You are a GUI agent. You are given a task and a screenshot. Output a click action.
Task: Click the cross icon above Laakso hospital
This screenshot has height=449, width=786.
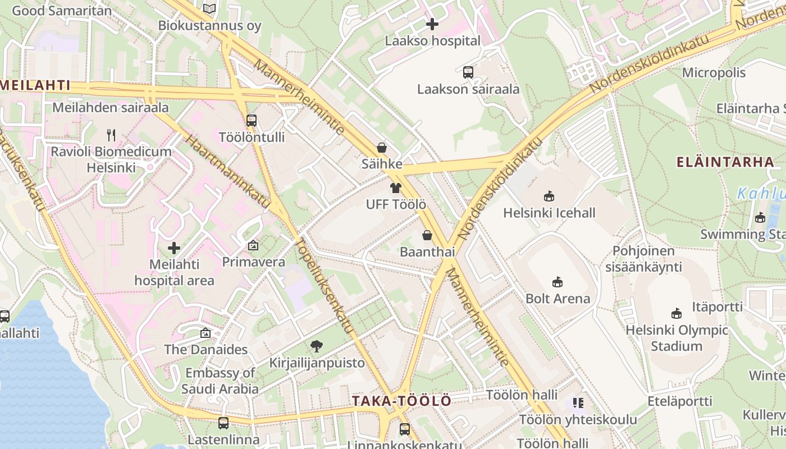432,24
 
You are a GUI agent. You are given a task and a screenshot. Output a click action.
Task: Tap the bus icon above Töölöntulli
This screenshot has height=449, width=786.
252,120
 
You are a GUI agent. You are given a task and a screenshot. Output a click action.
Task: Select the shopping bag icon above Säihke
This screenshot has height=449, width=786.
382,148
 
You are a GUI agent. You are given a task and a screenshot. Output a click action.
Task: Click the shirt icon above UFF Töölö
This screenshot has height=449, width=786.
396,188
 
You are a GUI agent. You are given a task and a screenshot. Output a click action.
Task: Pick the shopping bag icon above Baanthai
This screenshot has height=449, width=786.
427,235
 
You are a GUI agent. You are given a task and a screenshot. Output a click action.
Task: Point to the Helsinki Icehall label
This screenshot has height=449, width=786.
549,213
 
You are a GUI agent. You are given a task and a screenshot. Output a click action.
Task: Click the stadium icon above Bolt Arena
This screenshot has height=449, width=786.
557,282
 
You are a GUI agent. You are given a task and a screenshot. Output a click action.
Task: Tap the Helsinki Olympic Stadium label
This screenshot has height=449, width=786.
677,338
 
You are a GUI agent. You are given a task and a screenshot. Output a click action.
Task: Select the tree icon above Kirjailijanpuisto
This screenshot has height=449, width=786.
317,346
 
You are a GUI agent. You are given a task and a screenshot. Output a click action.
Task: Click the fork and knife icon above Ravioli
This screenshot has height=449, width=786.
111,135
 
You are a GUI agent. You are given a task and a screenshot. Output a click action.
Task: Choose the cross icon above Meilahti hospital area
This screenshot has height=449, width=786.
174,248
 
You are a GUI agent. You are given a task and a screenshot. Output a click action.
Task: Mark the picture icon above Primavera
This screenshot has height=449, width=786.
253,245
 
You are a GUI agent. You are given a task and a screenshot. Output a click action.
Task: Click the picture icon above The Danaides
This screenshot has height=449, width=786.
205,333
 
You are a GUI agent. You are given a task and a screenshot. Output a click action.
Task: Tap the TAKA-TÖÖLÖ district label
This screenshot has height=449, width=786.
401,401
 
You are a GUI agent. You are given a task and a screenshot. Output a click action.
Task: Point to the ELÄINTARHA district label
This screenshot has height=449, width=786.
725,163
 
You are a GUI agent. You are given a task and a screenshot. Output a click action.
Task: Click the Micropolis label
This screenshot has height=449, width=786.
714,72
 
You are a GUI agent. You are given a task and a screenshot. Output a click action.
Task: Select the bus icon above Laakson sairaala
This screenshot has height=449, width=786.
468,72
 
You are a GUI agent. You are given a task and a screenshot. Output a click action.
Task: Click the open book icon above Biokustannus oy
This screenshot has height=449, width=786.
209,8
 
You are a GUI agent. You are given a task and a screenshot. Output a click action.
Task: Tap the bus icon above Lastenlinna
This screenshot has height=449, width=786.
223,423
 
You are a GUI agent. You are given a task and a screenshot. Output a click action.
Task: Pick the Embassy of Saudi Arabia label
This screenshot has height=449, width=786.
220,381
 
